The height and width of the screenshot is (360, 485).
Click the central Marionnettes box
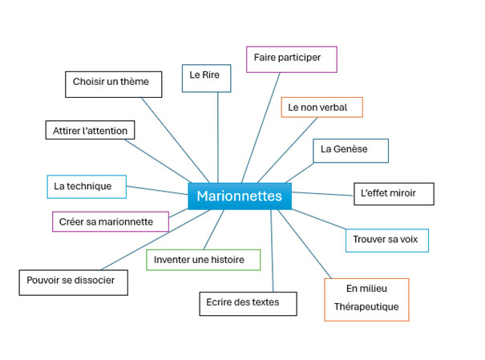click(240, 196)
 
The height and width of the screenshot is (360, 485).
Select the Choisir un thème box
click(111, 83)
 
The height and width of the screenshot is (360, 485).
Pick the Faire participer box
click(291, 59)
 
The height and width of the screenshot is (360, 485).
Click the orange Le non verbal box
click(321, 107)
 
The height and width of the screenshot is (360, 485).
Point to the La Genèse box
click(350, 151)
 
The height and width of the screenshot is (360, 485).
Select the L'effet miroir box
click(394, 194)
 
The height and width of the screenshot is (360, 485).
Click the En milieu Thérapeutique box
click(366, 299)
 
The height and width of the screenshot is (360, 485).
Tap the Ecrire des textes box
click(248, 303)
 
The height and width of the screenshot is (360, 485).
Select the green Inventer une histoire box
click(204, 261)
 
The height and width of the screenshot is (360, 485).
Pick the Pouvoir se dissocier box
click(73, 281)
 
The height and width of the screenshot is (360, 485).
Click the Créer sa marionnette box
click(111, 221)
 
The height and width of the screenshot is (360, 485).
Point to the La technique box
click(87, 187)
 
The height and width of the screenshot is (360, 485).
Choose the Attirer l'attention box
click(90, 130)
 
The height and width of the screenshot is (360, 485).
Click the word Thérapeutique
click(366, 307)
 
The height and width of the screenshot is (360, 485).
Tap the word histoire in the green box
click(228, 261)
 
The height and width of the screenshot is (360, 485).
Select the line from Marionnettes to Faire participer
click(260, 128)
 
